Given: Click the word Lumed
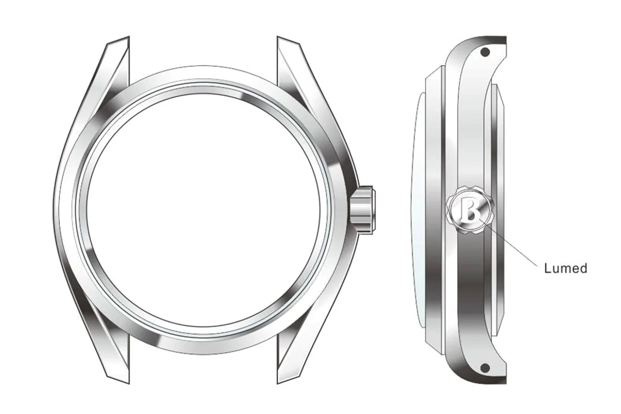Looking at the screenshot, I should click(x=565, y=268).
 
